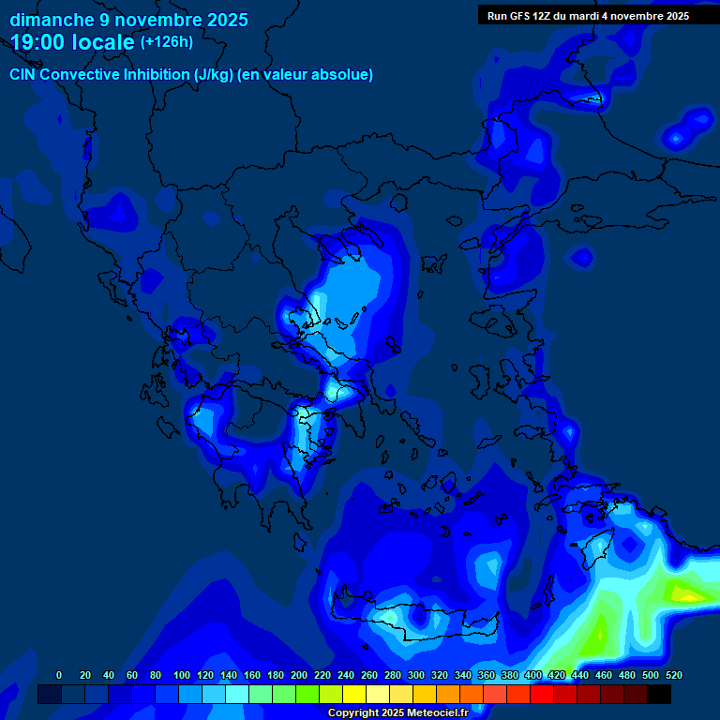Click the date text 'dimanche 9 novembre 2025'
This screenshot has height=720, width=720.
pos(128,19)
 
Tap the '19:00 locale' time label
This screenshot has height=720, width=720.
pos(71,42)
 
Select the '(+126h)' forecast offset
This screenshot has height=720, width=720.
pos(166,42)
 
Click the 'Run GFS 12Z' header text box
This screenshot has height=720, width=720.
pos(589,15)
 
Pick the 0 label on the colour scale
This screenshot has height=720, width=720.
pos(59,675)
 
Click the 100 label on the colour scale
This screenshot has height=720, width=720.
pos(182,675)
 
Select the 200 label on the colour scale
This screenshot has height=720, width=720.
pos(299,675)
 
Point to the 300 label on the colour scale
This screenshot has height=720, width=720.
pos(416,675)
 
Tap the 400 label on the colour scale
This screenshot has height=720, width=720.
pos(533,675)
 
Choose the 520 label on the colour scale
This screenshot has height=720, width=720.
pos(674,675)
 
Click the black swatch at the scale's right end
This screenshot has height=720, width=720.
pos(659,695)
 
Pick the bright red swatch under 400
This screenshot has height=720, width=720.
pos(542,695)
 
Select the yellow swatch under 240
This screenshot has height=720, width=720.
pos(354,695)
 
